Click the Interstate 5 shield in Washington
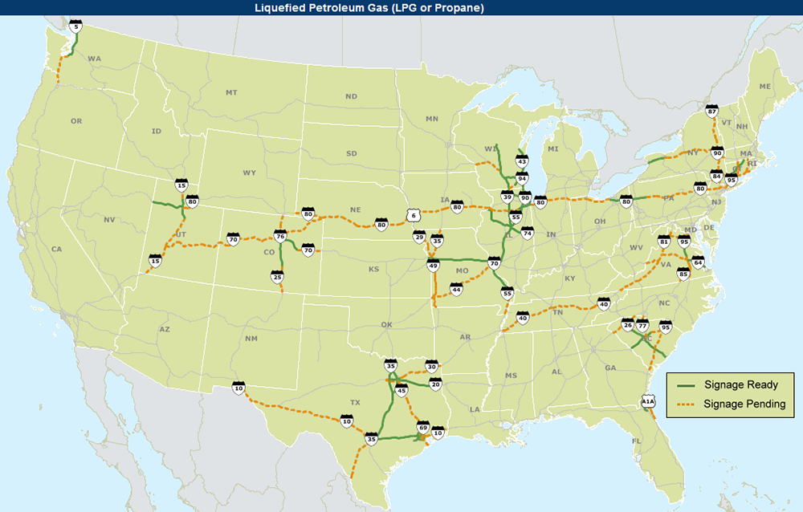click(76, 26)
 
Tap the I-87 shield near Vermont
click(712, 113)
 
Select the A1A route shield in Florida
click(648, 402)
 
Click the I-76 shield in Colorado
click(280, 237)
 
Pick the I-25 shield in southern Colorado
click(277, 277)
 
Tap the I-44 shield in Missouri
click(456, 290)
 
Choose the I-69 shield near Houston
click(423, 429)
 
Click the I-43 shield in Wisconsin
click(521, 162)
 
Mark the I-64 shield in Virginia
click(698, 263)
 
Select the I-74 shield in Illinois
click(527, 233)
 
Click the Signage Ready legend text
click(740, 385)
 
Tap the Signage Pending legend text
click(744, 404)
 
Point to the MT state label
click(231, 93)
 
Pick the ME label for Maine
click(764, 86)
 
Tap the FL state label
click(637, 441)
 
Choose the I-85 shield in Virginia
click(683, 275)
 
